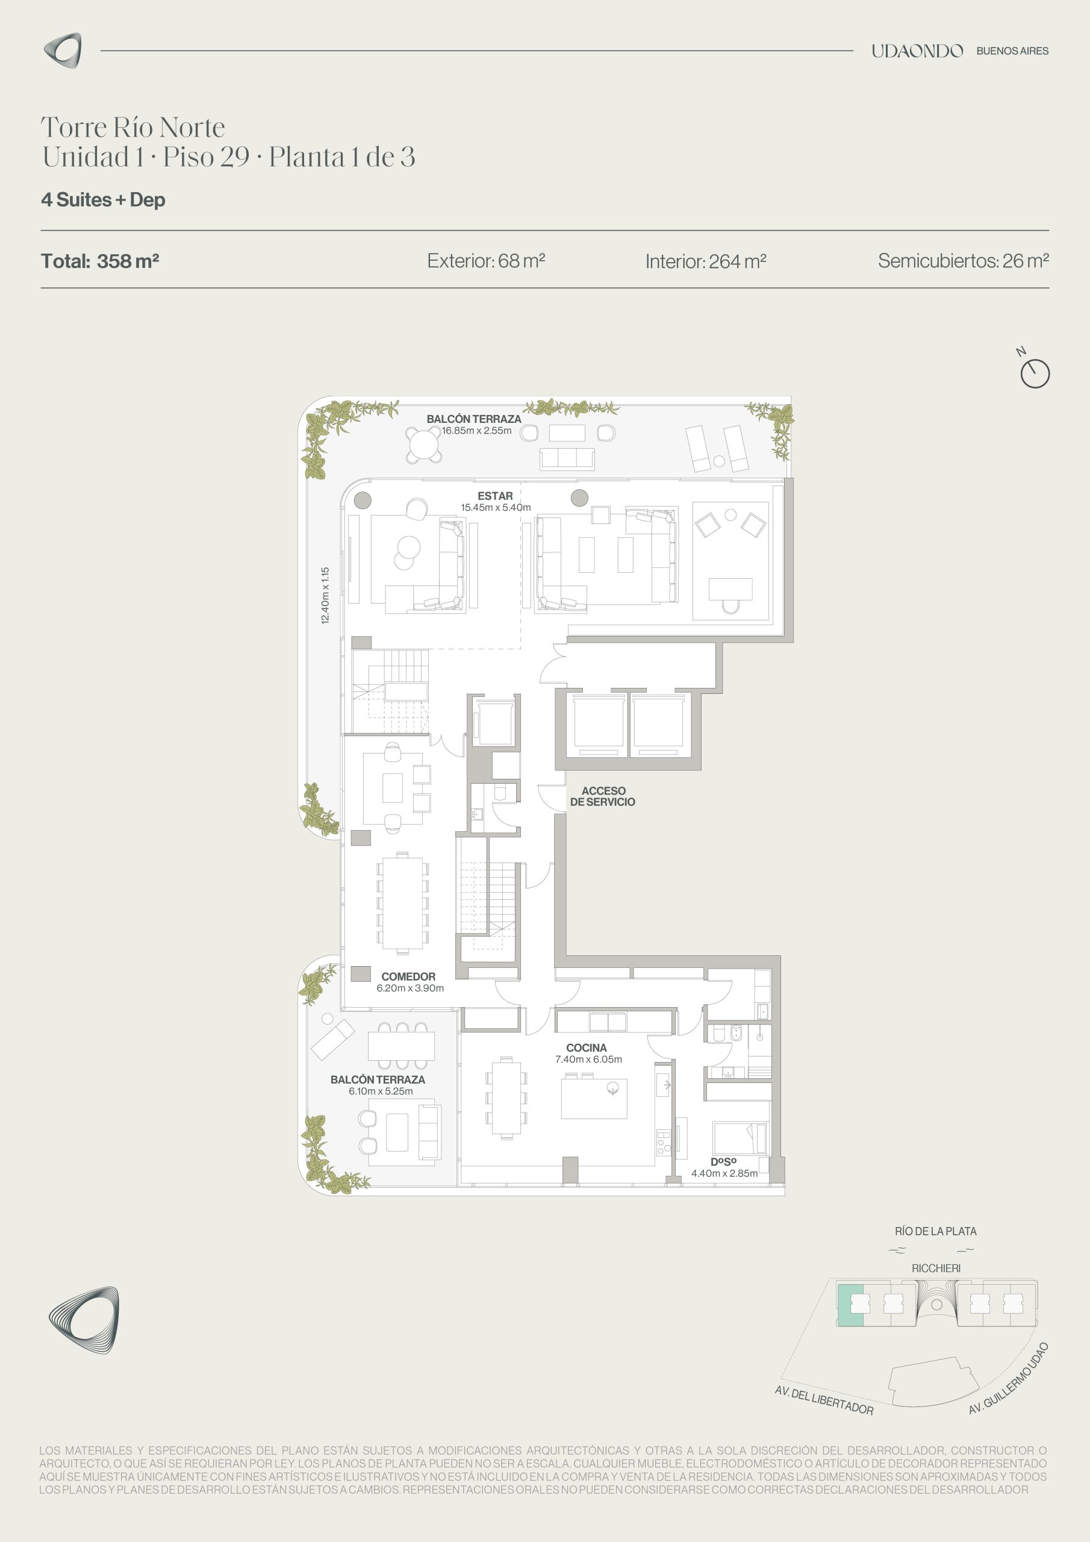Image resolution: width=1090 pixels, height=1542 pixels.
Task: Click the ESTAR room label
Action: coord(495,496)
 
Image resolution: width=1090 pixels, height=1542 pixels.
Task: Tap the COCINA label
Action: coord(587,1047)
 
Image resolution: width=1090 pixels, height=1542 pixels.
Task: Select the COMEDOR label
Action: coord(408,976)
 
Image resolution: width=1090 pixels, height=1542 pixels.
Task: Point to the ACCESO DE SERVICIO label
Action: coord(602,796)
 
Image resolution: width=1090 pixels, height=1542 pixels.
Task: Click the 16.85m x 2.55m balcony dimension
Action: coord(476,431)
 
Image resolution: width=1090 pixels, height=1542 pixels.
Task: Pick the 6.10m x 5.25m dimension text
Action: coord(381,1091)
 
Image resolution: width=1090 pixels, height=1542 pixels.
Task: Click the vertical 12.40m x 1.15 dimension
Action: coord(325,596)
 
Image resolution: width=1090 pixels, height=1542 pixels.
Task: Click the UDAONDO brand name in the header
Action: coord(917,51)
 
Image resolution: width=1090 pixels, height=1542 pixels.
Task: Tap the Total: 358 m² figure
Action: coord(100,261)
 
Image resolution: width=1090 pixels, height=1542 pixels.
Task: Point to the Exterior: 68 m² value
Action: coord(486,261)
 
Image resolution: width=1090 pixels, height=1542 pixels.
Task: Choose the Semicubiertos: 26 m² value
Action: coord(963,261)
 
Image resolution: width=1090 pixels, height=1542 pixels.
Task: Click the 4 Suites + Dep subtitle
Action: coord(104,199)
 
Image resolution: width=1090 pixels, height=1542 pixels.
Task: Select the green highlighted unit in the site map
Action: coord(850,1304)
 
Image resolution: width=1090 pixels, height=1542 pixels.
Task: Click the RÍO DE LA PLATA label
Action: coord(935,1231)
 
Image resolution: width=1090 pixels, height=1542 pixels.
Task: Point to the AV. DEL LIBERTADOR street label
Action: coord(824,1400)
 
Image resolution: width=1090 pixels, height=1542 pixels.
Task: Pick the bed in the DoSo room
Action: coord(740,1138)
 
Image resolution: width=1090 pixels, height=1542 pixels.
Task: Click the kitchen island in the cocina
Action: coord(594,1099)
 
